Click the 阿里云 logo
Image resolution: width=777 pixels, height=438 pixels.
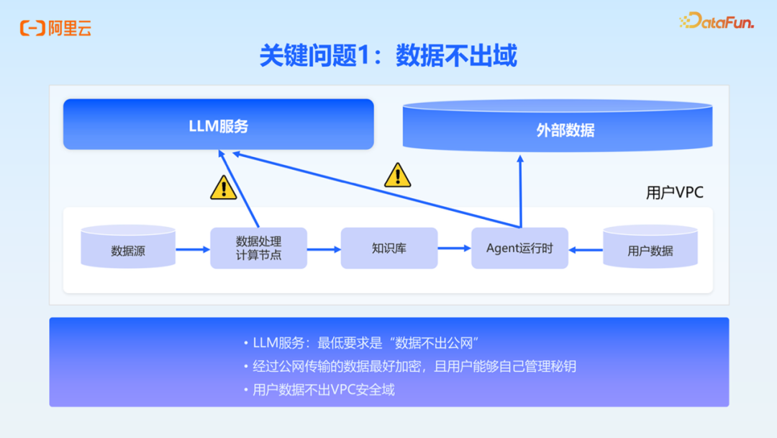click(x=55, y=29)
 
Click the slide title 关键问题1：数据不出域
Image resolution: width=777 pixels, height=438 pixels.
click(x=388, y=56)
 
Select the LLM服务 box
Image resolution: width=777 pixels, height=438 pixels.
click(x=218, y=125)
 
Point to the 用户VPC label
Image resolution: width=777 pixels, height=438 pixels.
click(x=674, y=192)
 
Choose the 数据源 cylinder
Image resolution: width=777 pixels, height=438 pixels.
click(x=128, y=249)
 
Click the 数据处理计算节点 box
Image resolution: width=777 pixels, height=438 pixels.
click(x=258, y=248)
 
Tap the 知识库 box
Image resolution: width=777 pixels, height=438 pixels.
click(x=389, y=248)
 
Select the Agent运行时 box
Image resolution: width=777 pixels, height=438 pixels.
click(x=519, y=248)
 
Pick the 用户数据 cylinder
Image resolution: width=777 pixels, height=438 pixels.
click(x=650, y=249)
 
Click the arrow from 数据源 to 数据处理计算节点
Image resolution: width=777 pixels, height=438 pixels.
click(x=192, y=249)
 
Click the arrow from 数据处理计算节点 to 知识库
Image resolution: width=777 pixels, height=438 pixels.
click(x=324, y=249)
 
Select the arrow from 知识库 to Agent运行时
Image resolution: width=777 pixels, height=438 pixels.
click(x=454, y=249)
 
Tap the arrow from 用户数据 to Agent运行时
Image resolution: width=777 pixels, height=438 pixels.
click(x=586, y=250)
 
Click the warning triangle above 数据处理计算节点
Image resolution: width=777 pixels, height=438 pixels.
click(x=224, y=188)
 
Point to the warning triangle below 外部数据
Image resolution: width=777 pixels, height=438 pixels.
click(x=398, y=176)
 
